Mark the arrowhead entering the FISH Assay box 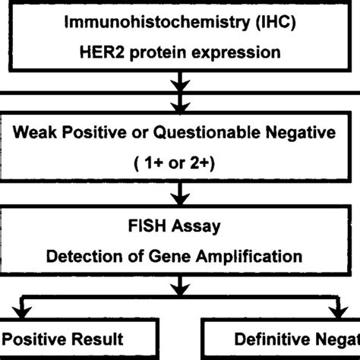point(179,203)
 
